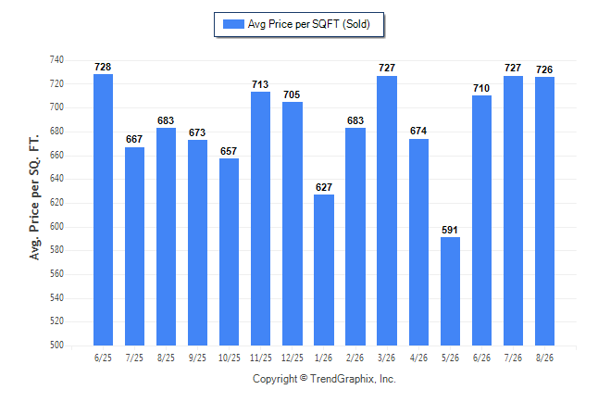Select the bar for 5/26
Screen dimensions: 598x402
click(450, 291)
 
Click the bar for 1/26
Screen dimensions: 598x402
click(324, 270)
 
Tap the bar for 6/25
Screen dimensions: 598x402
click(103, 209)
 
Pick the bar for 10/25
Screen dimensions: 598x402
click(229, 252)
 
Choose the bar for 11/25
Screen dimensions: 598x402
click(260, 219)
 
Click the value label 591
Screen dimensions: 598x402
click(450, 230)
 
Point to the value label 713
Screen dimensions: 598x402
click(260, 84)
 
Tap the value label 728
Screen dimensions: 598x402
click(103, 67)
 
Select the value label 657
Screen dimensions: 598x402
click(229, 151)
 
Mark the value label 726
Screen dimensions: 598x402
click(544, 69)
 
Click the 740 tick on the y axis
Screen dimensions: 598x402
click(56, 59)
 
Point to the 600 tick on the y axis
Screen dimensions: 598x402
click(56, 226)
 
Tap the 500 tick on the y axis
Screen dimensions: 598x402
click(56, 345)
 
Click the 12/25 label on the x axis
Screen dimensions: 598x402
click(293, 358)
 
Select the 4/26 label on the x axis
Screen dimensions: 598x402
click(418, 358)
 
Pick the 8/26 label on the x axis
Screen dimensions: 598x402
click(544, 358)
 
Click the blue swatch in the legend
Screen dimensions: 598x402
click(233, 24)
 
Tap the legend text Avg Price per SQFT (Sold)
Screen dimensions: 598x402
click(309, 24)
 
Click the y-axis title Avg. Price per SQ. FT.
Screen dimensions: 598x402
click(34, 197)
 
